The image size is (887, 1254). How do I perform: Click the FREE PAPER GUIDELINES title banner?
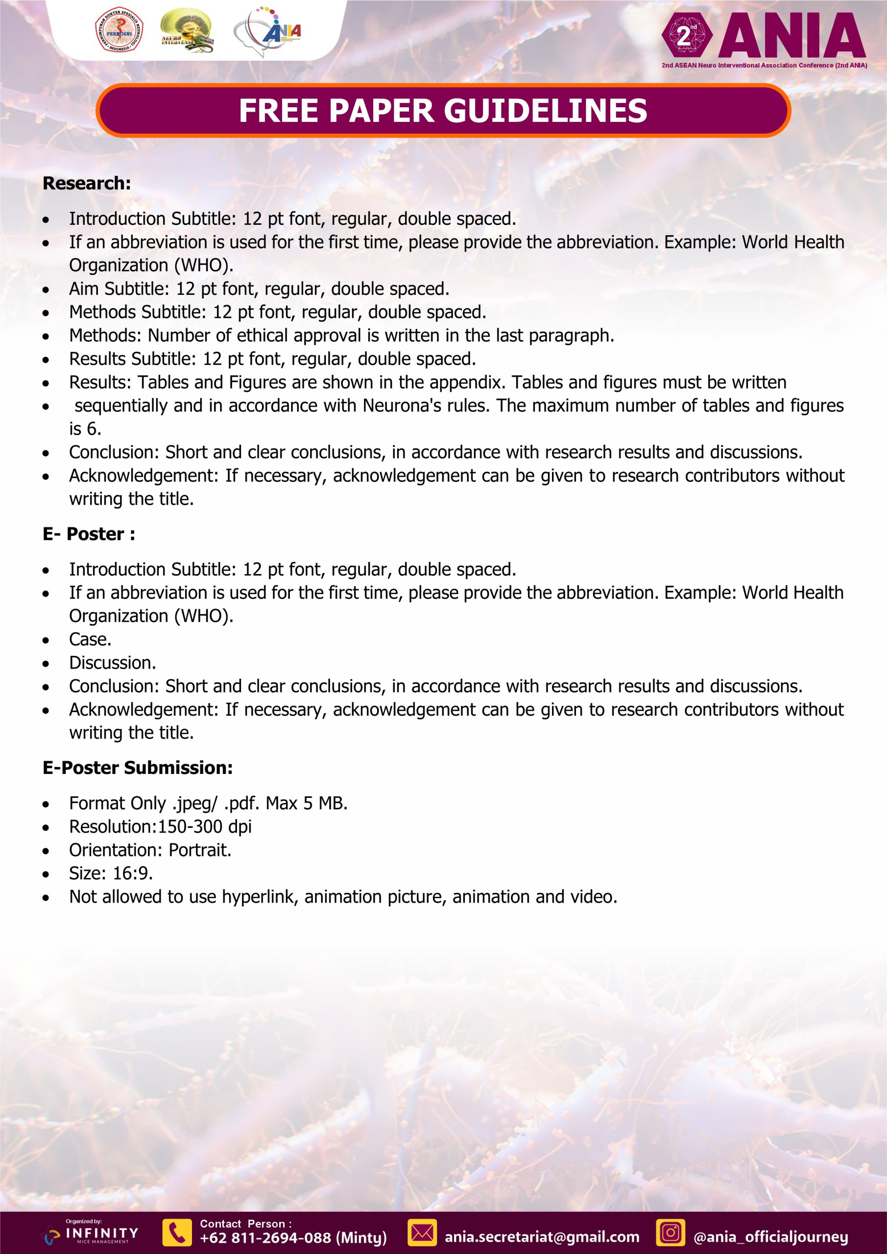pos(443,110)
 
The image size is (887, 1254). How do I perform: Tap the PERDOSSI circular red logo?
pos(119,30)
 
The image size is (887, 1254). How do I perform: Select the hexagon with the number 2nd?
pos(687,35)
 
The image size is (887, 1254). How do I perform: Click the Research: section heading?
pos(87,184)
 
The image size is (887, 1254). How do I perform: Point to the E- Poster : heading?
pos(89,534)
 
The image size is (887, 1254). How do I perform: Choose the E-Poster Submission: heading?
pos(138,768)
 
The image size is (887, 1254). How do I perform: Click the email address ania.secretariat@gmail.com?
pos(542,1237)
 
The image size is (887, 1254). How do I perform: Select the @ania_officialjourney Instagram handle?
pos(770,1237)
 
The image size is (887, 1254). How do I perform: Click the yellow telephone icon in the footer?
pos(177,1233)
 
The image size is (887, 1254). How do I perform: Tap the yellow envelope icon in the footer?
pos(422,1233)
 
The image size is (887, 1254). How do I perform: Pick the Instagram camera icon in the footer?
pos(670,1233)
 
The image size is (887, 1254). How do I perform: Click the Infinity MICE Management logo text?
pos(101,1233)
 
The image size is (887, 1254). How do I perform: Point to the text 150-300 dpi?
pos(205,827)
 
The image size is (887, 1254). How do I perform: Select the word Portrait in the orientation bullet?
pos(199,850)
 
